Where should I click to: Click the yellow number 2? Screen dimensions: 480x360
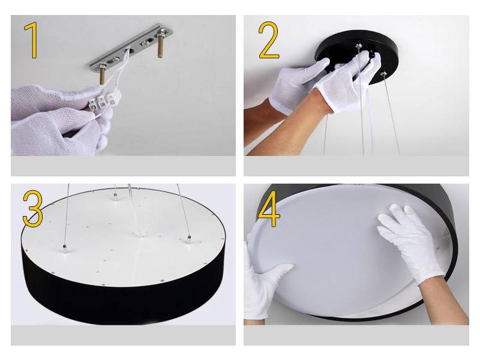pos(269,40)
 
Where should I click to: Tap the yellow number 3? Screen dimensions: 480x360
pos(33,208)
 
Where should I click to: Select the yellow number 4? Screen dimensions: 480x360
pos(269,208)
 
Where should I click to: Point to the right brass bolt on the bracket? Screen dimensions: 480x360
pos(160,46)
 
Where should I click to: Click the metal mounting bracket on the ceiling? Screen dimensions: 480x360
pos(131,46)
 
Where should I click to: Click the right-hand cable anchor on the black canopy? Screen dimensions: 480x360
pos(383,74)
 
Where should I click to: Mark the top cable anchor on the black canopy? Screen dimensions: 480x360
pos(359,46)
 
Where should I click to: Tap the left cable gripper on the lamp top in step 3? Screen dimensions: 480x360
pos(65,249)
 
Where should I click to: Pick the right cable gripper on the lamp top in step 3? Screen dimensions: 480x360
pos(189,239)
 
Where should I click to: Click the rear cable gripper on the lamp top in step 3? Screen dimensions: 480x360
pos(115,197)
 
